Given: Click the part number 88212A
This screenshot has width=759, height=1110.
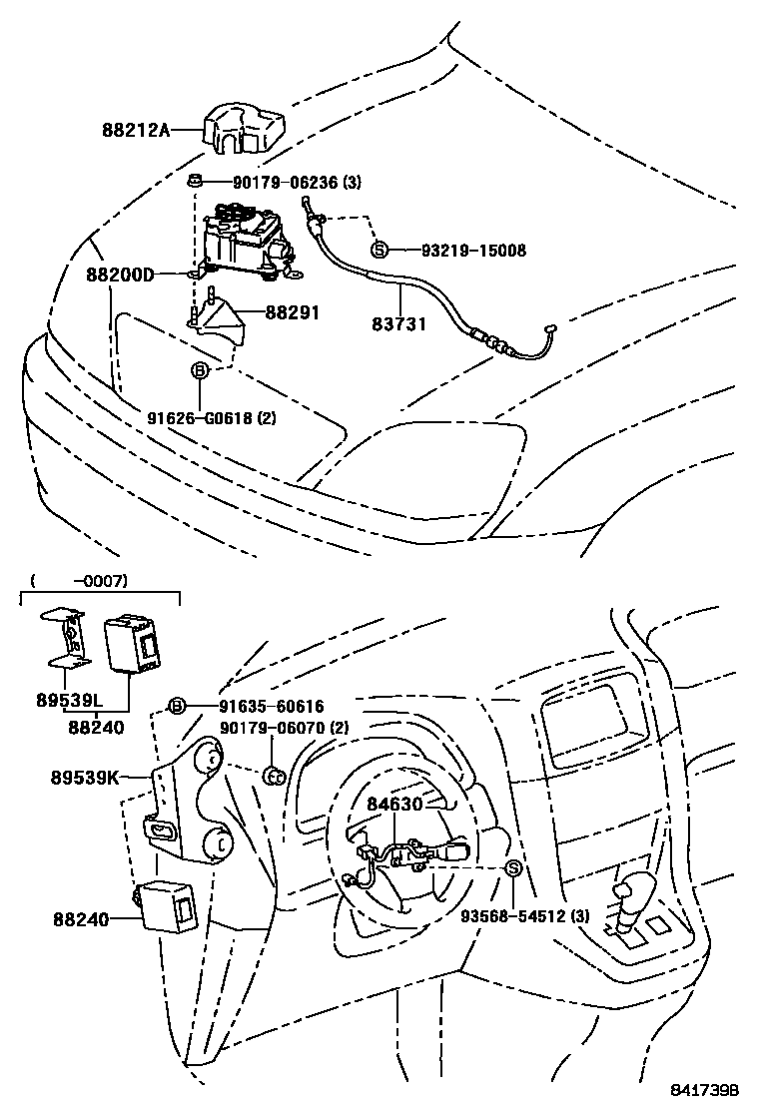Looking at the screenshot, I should (136, 129).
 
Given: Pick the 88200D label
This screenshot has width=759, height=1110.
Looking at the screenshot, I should (120, 274).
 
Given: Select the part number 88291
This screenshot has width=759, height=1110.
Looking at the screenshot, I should (292, 312).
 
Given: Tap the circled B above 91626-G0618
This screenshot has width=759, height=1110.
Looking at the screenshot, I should (200, 371).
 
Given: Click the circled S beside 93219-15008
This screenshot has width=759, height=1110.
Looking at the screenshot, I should (379, 250).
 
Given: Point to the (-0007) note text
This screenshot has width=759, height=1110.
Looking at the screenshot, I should (79, 580).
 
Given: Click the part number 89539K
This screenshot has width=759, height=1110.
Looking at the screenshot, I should (85, 775).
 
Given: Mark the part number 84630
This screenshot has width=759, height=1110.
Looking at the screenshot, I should (395, 802).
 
